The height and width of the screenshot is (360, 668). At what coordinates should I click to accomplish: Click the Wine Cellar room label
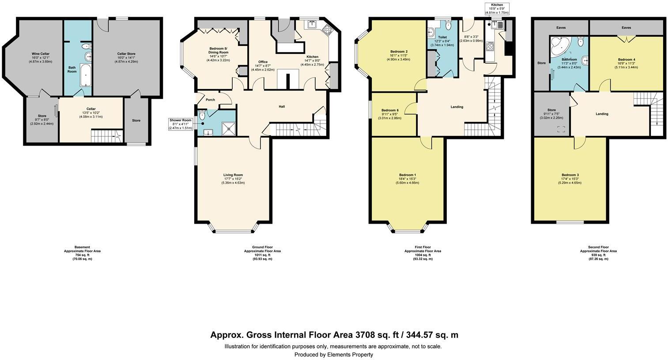pos(40,54)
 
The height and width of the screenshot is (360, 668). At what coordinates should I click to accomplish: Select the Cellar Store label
pos(126,54)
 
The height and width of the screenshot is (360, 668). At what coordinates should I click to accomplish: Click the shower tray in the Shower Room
pos(227,127)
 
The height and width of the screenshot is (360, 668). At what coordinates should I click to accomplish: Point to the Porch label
pos(211,100)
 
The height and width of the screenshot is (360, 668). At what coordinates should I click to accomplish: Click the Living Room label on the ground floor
pos(233,175)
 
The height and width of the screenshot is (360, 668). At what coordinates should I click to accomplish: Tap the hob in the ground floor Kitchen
pos(328,30)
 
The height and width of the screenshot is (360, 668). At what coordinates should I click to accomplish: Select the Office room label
pos(263,62)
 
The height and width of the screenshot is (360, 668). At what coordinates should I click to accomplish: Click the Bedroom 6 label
pos(390,110)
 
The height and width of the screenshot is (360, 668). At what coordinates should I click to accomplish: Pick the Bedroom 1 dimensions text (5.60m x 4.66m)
pos(407,183)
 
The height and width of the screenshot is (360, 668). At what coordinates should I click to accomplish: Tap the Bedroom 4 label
pos(626,60)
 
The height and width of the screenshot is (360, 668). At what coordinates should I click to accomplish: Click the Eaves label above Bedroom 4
pos(626,27)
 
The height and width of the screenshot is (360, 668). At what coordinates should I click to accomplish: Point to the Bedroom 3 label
pos(570,175)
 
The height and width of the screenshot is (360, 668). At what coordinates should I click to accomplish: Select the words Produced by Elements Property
pos(334,355)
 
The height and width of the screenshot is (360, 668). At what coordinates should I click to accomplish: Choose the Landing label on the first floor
pos(457,107)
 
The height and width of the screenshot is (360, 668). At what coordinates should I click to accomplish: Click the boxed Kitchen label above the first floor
pos(497,5)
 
